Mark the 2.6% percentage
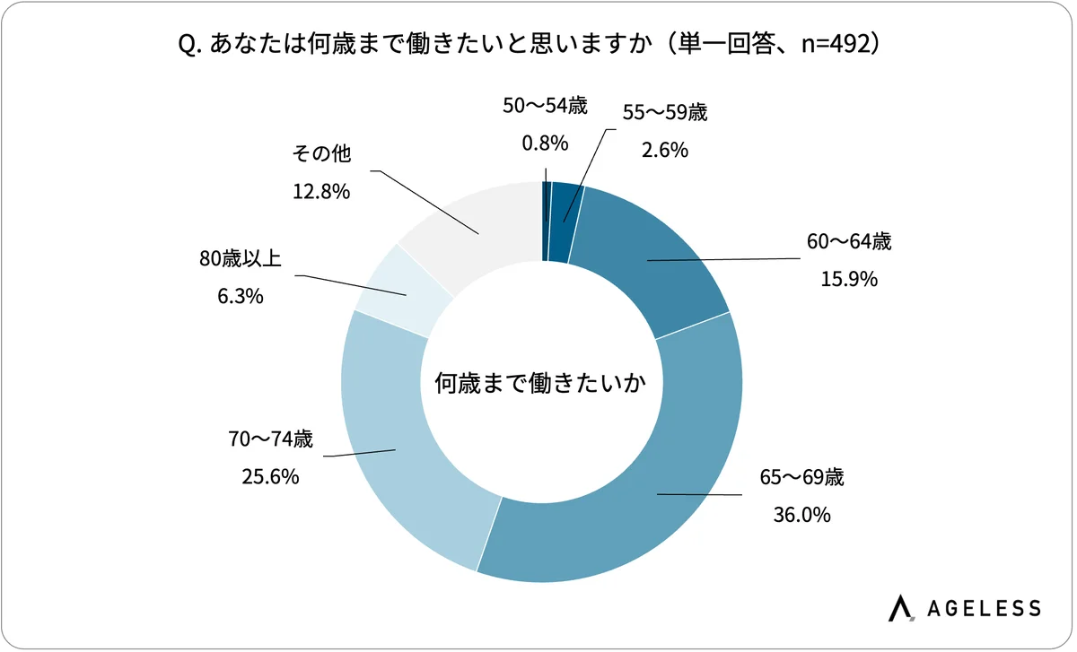click(x=665, y=150)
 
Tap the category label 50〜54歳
click(x=545, y=106)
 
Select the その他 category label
click(x=320, y=154)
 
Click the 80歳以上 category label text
click(x=241, y=259)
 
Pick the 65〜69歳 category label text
click(x=802, y=477)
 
